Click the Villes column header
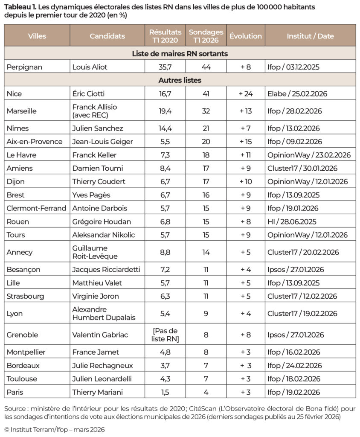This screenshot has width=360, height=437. [37, 36]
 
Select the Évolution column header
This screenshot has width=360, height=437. [246, 36]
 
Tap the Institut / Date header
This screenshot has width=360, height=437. [310, 36]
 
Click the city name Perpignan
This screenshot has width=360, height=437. [25, 67]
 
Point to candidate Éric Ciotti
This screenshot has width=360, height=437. [91, 93]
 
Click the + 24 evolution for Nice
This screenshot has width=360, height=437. [246, 93]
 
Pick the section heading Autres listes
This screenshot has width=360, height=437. [180, 80]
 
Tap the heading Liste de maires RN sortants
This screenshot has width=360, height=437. [180, 54]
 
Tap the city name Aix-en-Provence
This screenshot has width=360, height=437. [35, 142]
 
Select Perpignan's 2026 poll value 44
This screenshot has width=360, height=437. [206, 67]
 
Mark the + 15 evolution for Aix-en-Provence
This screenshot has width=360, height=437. [246, 142]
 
